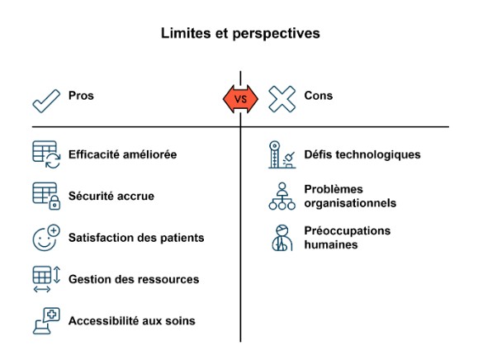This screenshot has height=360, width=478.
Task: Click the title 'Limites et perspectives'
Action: click(240, 33)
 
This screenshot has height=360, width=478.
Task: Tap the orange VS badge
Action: click(240, 99)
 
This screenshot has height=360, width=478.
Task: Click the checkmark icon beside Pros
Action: click(46, 101)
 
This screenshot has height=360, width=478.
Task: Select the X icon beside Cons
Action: click(282, 99)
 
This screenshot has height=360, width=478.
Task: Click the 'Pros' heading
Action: click(81, 96)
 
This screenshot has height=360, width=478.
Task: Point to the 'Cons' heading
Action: click(319, 96)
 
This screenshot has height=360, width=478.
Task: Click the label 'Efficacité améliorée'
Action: click(122, 154)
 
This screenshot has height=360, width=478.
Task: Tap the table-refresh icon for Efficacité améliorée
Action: click(46, 154)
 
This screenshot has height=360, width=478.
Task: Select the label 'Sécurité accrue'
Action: click(111, 196)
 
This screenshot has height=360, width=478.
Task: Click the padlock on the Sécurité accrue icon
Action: click(54, 203)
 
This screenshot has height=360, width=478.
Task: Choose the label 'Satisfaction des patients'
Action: click(136, 238)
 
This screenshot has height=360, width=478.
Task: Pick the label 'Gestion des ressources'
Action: click(134, 279)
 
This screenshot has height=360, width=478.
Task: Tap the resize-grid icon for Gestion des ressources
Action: click(46, 279)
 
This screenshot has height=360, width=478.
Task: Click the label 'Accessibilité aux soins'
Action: click(132, 320)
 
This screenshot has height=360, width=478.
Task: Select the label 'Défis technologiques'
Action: click(362, 154)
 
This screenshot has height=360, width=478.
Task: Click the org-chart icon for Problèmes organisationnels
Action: click(282, 196)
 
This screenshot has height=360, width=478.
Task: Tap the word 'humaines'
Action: click(331, 244)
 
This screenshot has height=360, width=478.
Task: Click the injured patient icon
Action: click(282, 238)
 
